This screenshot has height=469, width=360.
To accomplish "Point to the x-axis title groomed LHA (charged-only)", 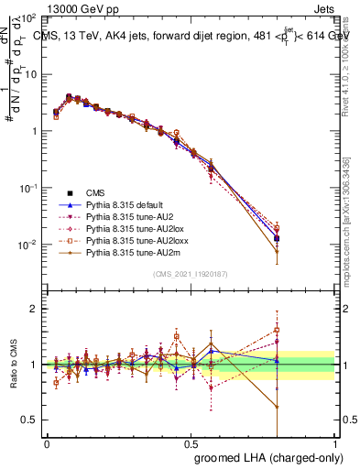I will [x=264, y=455].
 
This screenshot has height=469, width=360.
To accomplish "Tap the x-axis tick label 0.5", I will [x=191, y=441].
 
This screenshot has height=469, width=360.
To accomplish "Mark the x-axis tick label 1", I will [x=335, y=441].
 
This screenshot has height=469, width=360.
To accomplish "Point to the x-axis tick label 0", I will [x=47, y=441].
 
